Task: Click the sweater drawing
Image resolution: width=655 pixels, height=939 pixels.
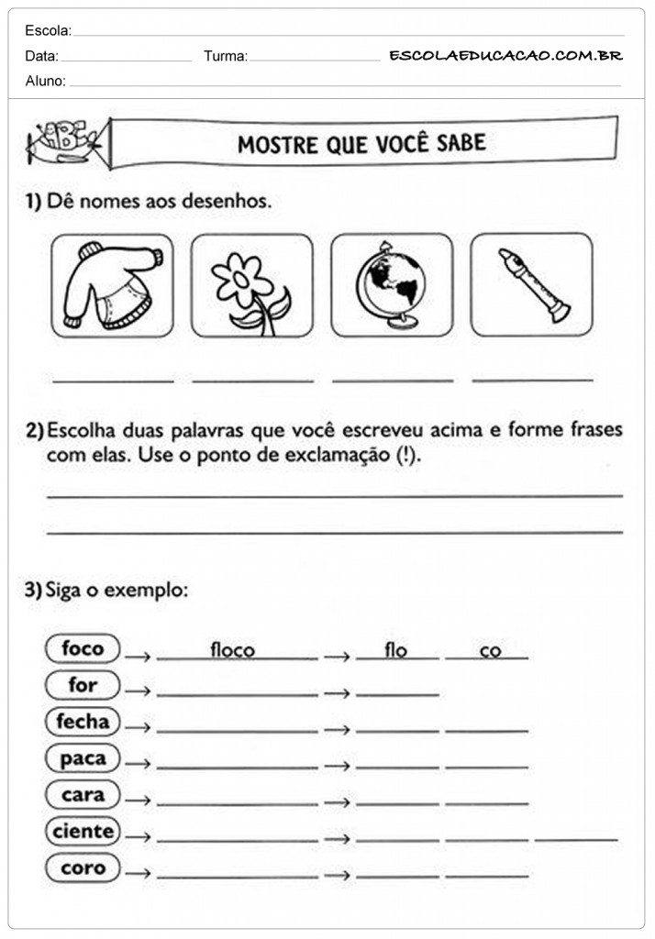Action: [111, 285]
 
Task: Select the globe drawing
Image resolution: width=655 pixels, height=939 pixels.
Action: [391, 285]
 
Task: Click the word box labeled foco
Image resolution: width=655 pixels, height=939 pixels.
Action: [83, 649]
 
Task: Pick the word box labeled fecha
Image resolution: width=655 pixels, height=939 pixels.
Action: [83, 722]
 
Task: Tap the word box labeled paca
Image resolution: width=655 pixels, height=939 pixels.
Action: [83, 758]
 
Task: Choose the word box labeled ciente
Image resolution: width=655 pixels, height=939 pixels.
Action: [83, 832]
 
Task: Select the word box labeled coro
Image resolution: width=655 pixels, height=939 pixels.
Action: [83, 867]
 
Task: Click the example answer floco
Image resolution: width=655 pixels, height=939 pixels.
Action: [232, 650]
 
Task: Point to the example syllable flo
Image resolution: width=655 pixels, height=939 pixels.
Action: [395, 650]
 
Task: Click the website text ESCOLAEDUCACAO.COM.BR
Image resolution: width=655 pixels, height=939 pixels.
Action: [505, 56]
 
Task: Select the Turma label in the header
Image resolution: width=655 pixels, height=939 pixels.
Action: [225, 57]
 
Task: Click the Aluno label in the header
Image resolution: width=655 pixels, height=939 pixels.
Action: [45, 82]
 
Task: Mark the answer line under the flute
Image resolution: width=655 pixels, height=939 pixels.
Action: [532, 378]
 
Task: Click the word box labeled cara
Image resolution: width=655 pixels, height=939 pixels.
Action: [83, 795]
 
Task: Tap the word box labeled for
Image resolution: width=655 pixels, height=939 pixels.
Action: [83, 685]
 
